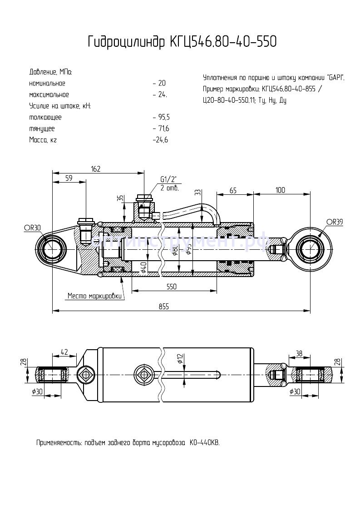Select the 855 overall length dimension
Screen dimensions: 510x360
click(164, 307)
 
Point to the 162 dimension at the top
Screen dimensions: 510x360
click(95, 169)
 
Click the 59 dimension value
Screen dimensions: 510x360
click(69, 178)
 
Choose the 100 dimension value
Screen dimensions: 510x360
click(280, 190)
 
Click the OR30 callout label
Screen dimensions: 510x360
click(33, 228)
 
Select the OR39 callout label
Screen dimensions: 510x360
click(334, 222)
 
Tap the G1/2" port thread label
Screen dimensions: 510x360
click(168, 179)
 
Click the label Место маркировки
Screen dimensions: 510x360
click(94, 296)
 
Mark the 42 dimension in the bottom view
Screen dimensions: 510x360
click(64, 352)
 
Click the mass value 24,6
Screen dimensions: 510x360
click(162, 140)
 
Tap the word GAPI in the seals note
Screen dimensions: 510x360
click(335, 78)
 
